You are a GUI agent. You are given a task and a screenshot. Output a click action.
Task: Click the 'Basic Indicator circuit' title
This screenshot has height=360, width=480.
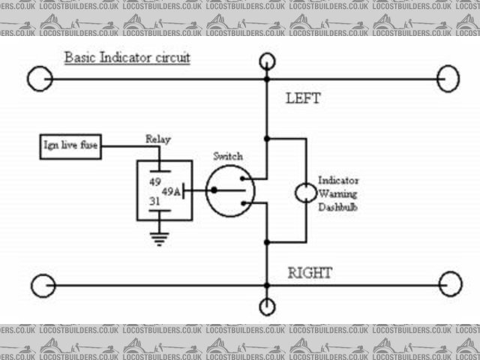pyautogui.click(x=127, y=57)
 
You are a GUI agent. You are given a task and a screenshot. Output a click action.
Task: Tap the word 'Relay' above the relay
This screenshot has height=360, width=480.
pyautogui.click(x=157, y=140)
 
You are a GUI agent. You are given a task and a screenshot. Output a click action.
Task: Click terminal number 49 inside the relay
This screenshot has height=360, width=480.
pyautogui.click(x=155, y=181)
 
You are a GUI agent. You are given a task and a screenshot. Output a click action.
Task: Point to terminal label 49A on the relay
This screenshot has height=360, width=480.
pyautogui.click(x=171, y=192)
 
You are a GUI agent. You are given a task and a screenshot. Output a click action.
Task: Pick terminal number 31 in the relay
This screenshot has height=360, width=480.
pyautogui.click(x=155, y=202)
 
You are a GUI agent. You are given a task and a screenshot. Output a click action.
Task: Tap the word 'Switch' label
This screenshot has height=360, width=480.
pyautogui.click(x=227, y=156)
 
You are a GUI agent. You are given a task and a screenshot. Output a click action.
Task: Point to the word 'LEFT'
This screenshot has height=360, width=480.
pyautogui.click(x=303, y=98)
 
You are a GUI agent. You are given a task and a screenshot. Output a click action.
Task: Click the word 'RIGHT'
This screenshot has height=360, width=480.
pyautogui.click(x=310, y=272)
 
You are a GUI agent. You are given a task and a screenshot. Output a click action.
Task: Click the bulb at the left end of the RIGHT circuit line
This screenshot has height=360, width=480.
pyautogui.click(x=42, y=285)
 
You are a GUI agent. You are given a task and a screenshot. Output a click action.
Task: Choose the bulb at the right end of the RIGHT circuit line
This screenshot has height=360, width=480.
pyautogui.click(x=450, y=285)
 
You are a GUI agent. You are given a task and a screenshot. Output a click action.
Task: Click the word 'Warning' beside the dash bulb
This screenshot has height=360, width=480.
pyautogui.click(x=338, y=193)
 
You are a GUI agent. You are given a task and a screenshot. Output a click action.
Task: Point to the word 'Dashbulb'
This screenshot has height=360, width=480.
pyautogui.click(x=337, y=205)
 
